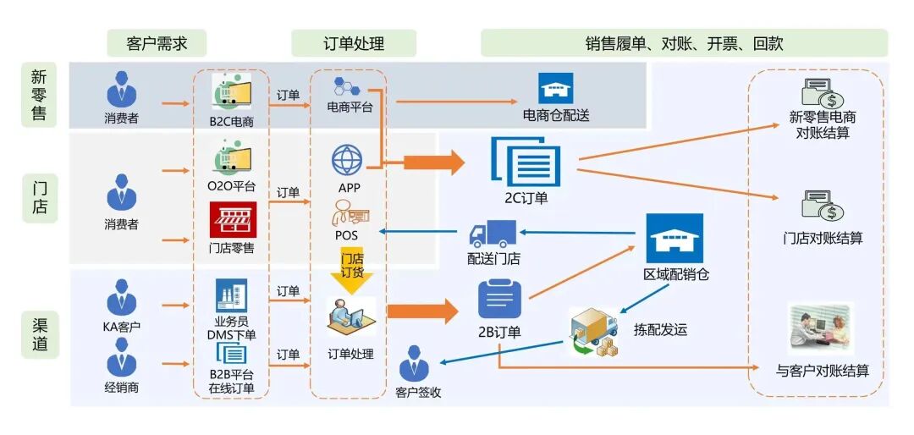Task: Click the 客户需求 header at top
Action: (x=157, y=43)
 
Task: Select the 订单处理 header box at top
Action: (x=353, y=43)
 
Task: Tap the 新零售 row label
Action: (x=39, y=95)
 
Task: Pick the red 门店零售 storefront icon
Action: (x=232, y=221)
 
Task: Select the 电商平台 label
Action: (x=350, y=107)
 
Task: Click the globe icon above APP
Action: (x=347, y=159)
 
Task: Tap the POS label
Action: (x=346, y=235)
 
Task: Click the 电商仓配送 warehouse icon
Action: (x=556, y=89)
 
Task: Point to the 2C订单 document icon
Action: (x=526, y=162)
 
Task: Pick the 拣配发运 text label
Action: (x=660, y=329)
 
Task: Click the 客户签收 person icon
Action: (x=415, y=366)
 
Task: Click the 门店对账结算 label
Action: (x=823, y=239)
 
